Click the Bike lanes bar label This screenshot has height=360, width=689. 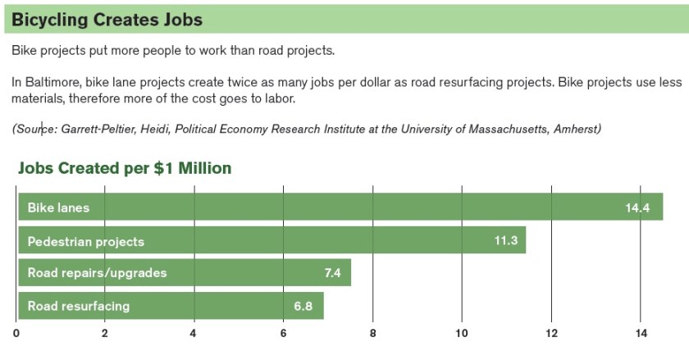(58, 207)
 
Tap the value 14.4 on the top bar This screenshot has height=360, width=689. (637, 208)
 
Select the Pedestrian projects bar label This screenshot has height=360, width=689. (85, 241)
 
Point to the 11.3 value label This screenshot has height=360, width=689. (505, 241)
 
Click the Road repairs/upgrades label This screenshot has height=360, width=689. (97, 273)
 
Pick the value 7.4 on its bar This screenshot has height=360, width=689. (332, 273)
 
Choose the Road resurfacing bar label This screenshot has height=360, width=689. (79, 306)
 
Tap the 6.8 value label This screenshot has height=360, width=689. (304, 306)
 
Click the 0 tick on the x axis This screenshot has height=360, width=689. (16, 333)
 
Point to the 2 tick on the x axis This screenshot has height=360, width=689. (105, 333)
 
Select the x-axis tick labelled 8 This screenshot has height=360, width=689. (372, 333)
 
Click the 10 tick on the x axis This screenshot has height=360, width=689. (461, 333)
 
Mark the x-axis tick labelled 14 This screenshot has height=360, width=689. (640, 333)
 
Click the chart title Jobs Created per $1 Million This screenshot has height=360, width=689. (125, 168)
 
